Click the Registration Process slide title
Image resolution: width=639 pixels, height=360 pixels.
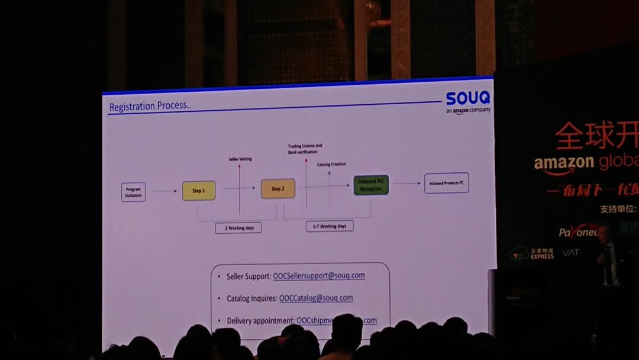pos(150,107)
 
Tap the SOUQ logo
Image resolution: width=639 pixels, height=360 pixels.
pos(468,98)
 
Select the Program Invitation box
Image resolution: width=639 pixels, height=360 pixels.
pos(133,192)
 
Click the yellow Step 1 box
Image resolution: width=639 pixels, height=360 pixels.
pos(198,191)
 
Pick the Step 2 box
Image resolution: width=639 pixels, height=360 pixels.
pos(277,189)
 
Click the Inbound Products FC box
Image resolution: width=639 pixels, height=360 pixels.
pos(446,184)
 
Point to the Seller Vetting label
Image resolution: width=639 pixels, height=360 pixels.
pos(240,159)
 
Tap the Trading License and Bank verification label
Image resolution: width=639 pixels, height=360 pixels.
pos(305,149)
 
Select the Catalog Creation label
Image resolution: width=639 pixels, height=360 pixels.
pos(331,164)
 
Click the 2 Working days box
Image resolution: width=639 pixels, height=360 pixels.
pos(238,228)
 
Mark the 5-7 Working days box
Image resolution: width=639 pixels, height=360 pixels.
pos(330,226)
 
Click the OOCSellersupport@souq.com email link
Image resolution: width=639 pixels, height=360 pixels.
pos(318,276)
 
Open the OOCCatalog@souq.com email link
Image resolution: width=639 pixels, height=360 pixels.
pos(316,298)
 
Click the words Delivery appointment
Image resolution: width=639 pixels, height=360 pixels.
pos(260,321)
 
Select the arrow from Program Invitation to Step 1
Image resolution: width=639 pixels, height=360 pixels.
pos(164,191)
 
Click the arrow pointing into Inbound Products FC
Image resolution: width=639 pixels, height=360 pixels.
pos(406,184)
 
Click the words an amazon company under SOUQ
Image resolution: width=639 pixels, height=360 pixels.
pos(468,110)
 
